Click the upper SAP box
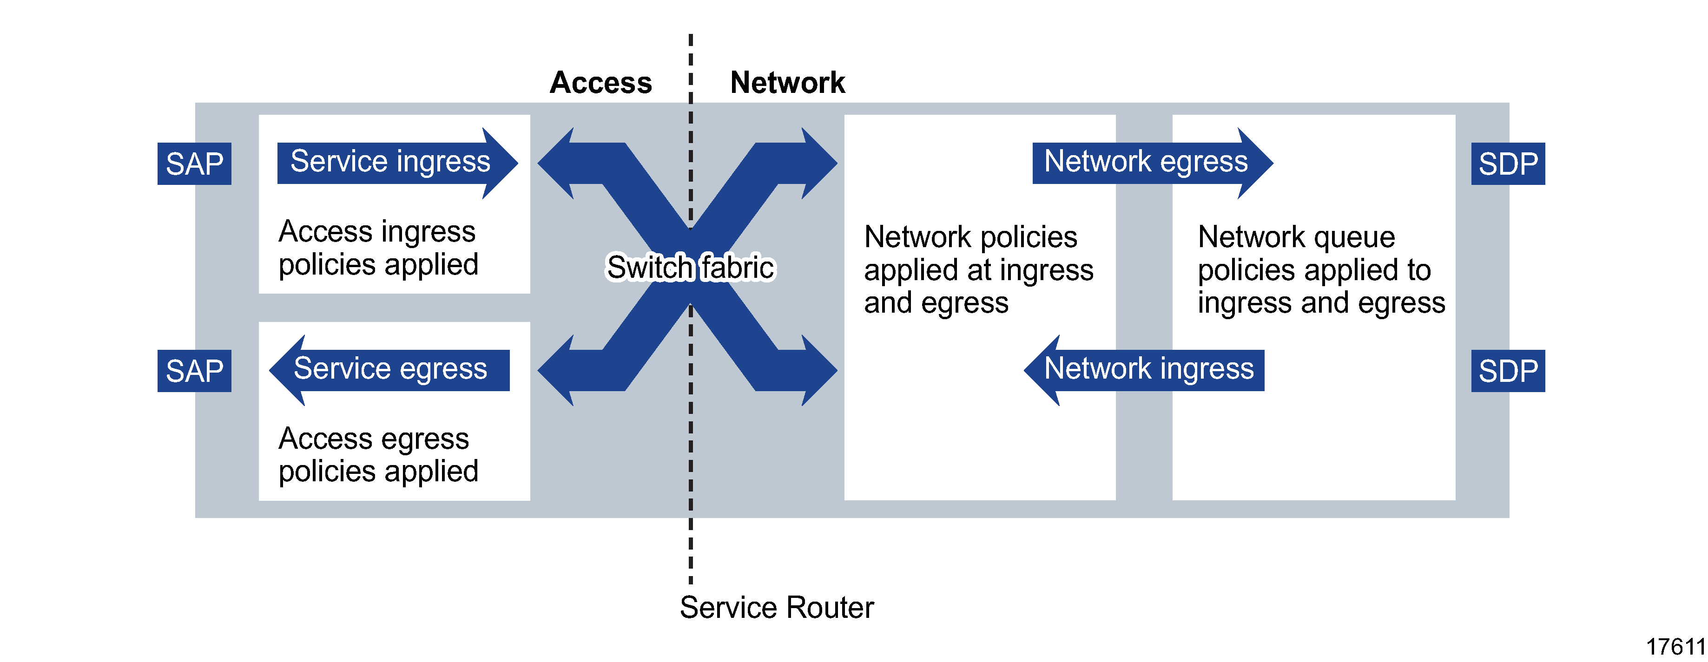194,164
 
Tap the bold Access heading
601,83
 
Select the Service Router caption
777,607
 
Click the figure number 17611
1675,646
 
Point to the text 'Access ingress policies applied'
377,248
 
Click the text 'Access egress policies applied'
377,455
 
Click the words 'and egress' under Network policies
936,303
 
